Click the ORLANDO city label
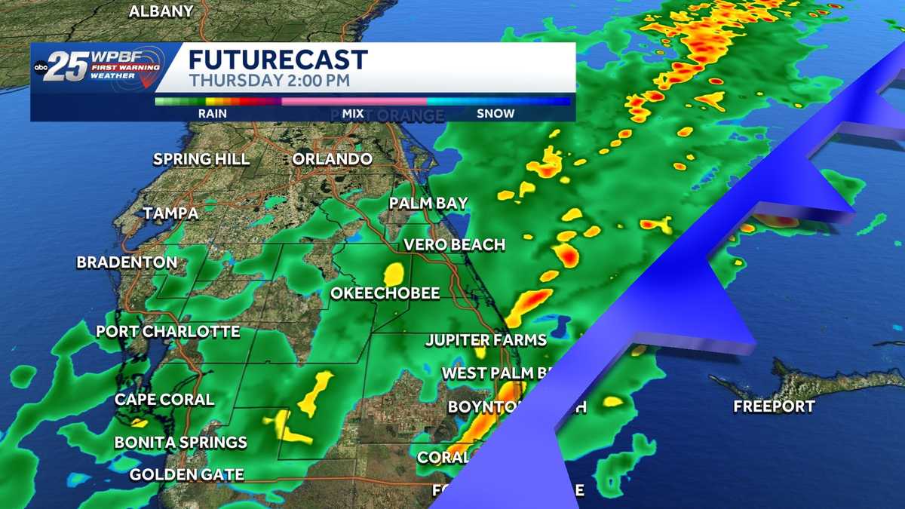(x=332, y=159)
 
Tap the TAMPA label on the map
(x=170, y=213)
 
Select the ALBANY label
(x=161, y=11)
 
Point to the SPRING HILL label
(x=201, y=159)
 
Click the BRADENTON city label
(x=127, y=262)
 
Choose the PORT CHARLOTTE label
(x=167, y=331)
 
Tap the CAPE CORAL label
(x=164, y=399)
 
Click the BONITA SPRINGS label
(x=180, y=442)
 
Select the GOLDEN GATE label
(x=186, y=474)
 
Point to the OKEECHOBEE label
(x=385, y=293)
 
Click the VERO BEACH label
(x=454, y=244)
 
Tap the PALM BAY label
(x=428, y=203)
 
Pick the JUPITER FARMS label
(x=486, y=340)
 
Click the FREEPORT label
(x=774, y=406)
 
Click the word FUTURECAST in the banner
(x=278, y=60)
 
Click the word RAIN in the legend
(x=212, y=113)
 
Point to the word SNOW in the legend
(x=495, y=113)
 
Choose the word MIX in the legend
(x=353, y=113)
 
